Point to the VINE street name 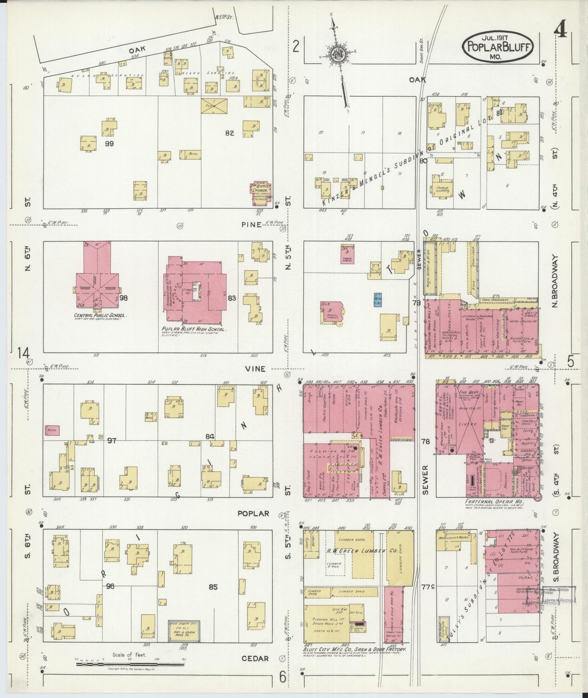click(x=255, y=369)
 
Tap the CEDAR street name click(x=255, y=658)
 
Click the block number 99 click(x=109, y=144)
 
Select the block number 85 click(x=213, y=587)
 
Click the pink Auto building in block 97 click(x=53, y=430)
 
